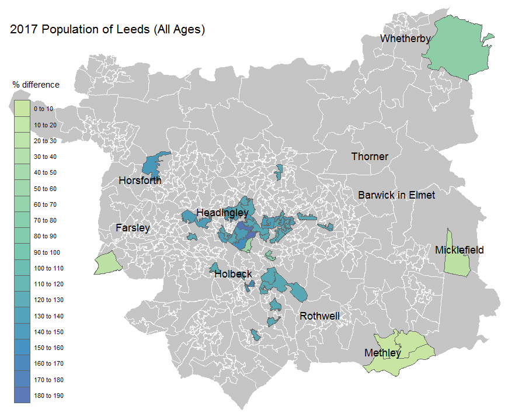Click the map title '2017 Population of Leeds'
(x=107, y=30)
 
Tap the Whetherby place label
(x=405, y=39)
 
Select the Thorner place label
(x=369, y=157)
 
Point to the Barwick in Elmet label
(x=396, y=195)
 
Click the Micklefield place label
(x=459, y=250)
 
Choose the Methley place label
(x=382, y=353)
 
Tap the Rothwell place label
(x=319, y=316)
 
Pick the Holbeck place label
(x=233, y=273)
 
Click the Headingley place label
(x=222, y=213)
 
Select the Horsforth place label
(x=140, y=181)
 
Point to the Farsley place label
(x=133, y=228)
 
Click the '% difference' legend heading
(x=36, y=85)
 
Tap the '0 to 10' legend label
(x=43, y=109)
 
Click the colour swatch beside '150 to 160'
(x=22, y=348)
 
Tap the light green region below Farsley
(x=107, y=264)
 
